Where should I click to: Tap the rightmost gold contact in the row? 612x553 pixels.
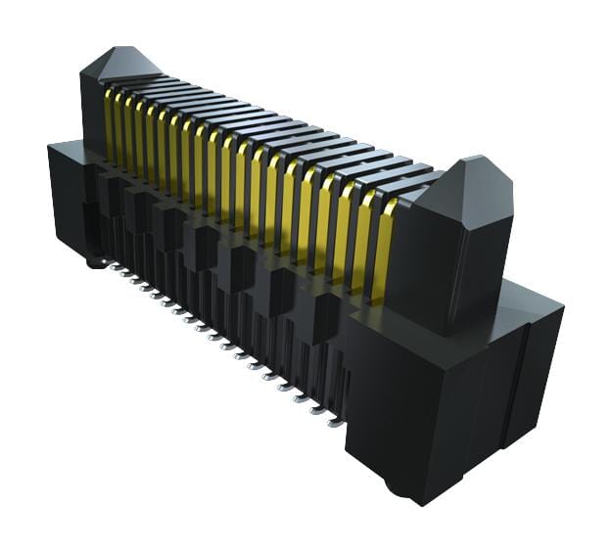(384, 240)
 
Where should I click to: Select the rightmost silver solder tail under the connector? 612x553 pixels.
(335, 423)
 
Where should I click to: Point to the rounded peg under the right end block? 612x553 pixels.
(396, 486)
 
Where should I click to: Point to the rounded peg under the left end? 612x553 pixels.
(93, 261)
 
